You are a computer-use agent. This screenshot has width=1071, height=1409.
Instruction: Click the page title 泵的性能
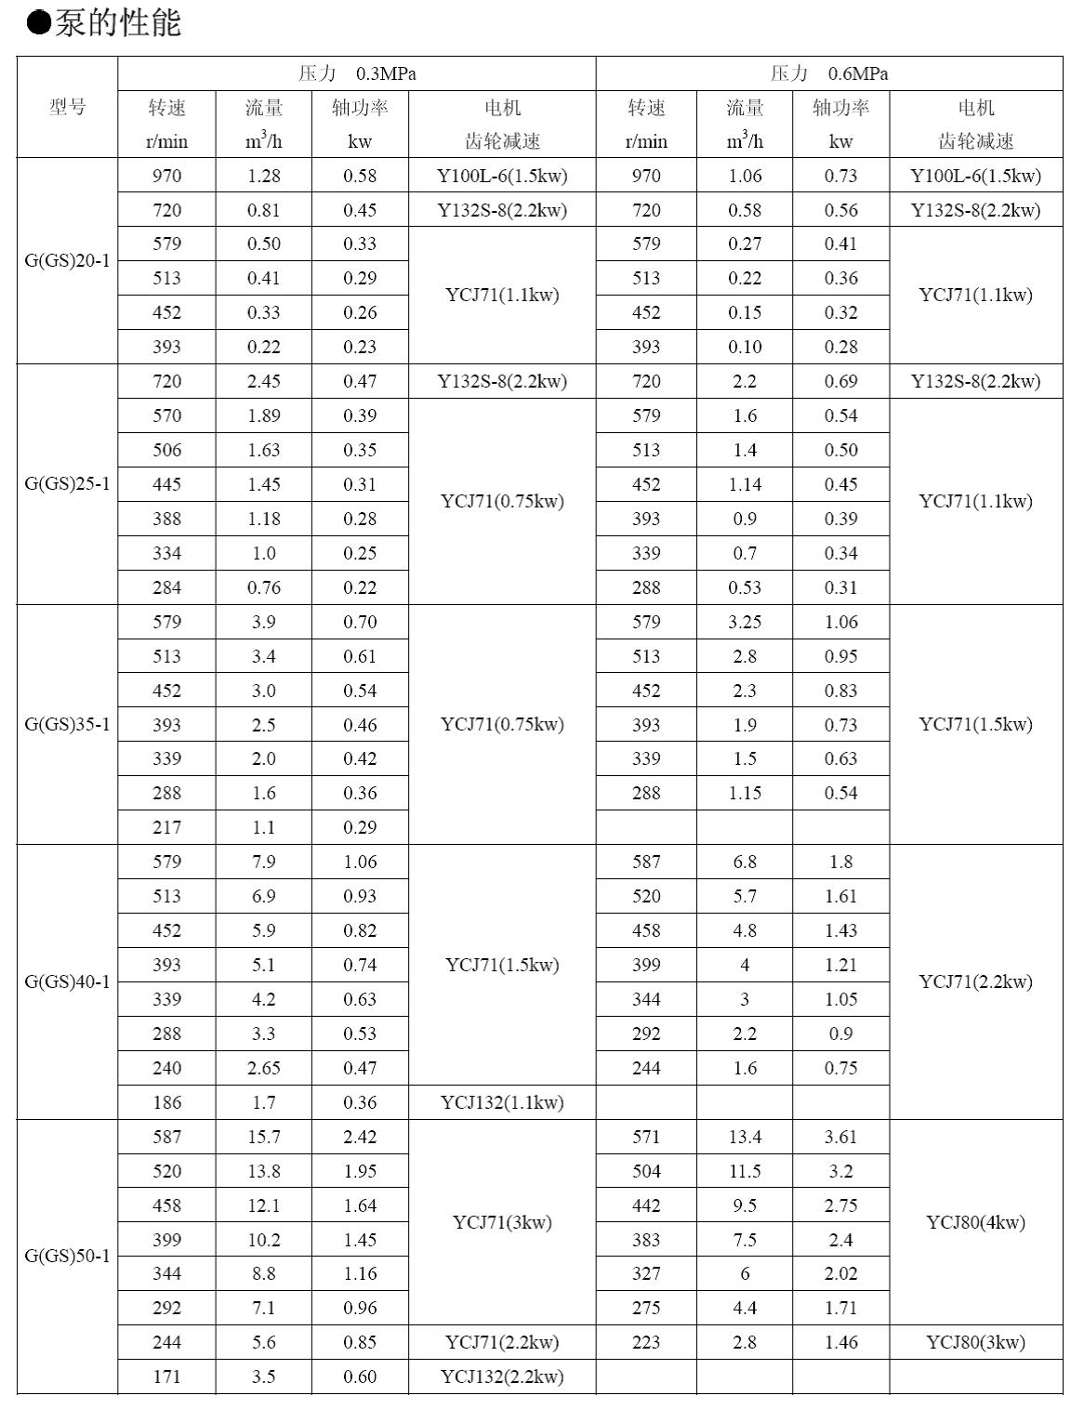104,22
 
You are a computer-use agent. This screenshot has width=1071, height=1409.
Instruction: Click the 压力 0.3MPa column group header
357,73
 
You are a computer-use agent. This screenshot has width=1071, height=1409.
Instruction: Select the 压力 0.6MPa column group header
828,73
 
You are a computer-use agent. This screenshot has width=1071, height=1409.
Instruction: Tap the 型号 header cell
67,107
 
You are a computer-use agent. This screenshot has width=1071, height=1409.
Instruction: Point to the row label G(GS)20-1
67,260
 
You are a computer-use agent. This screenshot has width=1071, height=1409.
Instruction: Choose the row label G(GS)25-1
67,483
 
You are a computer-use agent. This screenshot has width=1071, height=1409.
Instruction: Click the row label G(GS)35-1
67,724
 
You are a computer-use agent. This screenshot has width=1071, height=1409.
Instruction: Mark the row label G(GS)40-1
67,981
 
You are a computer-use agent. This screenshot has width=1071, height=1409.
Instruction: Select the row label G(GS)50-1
67,1256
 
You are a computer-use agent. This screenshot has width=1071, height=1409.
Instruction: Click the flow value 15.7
263,1137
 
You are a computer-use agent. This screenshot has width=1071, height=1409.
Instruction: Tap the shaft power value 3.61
840,1137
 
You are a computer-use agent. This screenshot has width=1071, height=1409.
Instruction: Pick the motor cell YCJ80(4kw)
975,1222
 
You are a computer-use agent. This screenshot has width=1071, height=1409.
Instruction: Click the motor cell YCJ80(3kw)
975,1342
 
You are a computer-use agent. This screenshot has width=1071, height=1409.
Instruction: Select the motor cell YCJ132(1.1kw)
502,1102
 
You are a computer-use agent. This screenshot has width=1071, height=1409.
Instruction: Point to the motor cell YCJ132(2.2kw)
502,1376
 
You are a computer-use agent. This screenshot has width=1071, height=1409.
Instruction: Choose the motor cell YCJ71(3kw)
502,1222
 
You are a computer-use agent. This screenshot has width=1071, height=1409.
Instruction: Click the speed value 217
167,827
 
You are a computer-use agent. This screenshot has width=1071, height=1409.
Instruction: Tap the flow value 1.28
263,176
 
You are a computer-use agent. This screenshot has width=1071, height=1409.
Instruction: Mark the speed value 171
167,1376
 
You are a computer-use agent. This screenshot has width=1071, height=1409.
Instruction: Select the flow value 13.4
745,1137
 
